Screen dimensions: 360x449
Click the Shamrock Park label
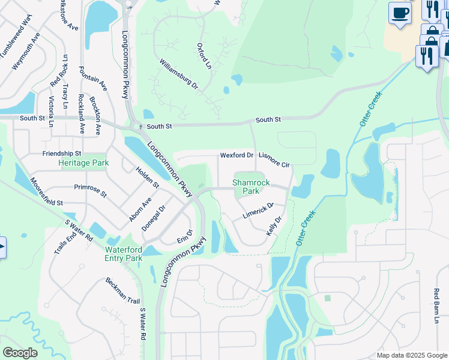pyautogui.click(x=247, y=187)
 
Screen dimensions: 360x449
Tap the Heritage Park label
pyautogui.click(x=83, y=163)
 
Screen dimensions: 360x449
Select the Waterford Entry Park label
pyautogui.click(x=124, y=254)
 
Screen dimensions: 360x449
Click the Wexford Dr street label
pyautogui.click(x=237, y=155)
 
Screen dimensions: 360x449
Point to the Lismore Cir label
pyautogui.click(x=274, y=160)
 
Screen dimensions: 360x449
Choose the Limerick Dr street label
pyautogui.click(x=258, y=210)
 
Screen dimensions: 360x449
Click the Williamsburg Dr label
pyautogui.click(x=178, y=74)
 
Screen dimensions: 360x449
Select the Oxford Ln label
pyautogui.click(x=205, y=55)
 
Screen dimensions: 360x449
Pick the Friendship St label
pyautogui.click(x=62, y=154)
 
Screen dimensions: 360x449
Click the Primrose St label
pyautogui.click(x=90, y=191)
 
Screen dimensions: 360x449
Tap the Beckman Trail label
pyautogui.click(x=122, y=291)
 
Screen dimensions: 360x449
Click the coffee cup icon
pyautogui.click(x=400, y=12)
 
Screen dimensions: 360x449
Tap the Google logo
pyautogui.click(x=20, y=353)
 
